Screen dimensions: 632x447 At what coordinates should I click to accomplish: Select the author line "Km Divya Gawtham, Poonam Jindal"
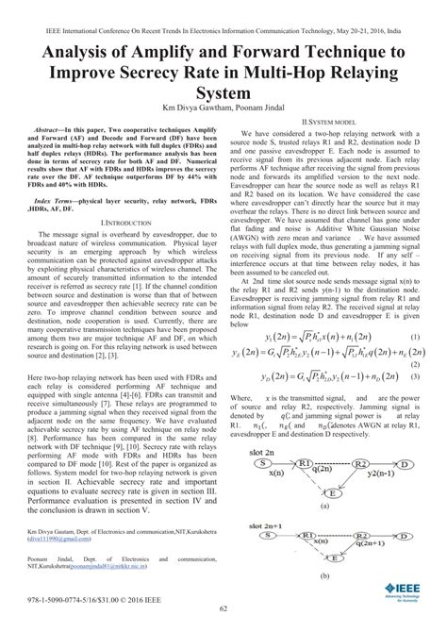click(223, 109)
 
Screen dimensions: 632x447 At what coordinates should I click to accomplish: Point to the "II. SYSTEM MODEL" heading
click(328, 123)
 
